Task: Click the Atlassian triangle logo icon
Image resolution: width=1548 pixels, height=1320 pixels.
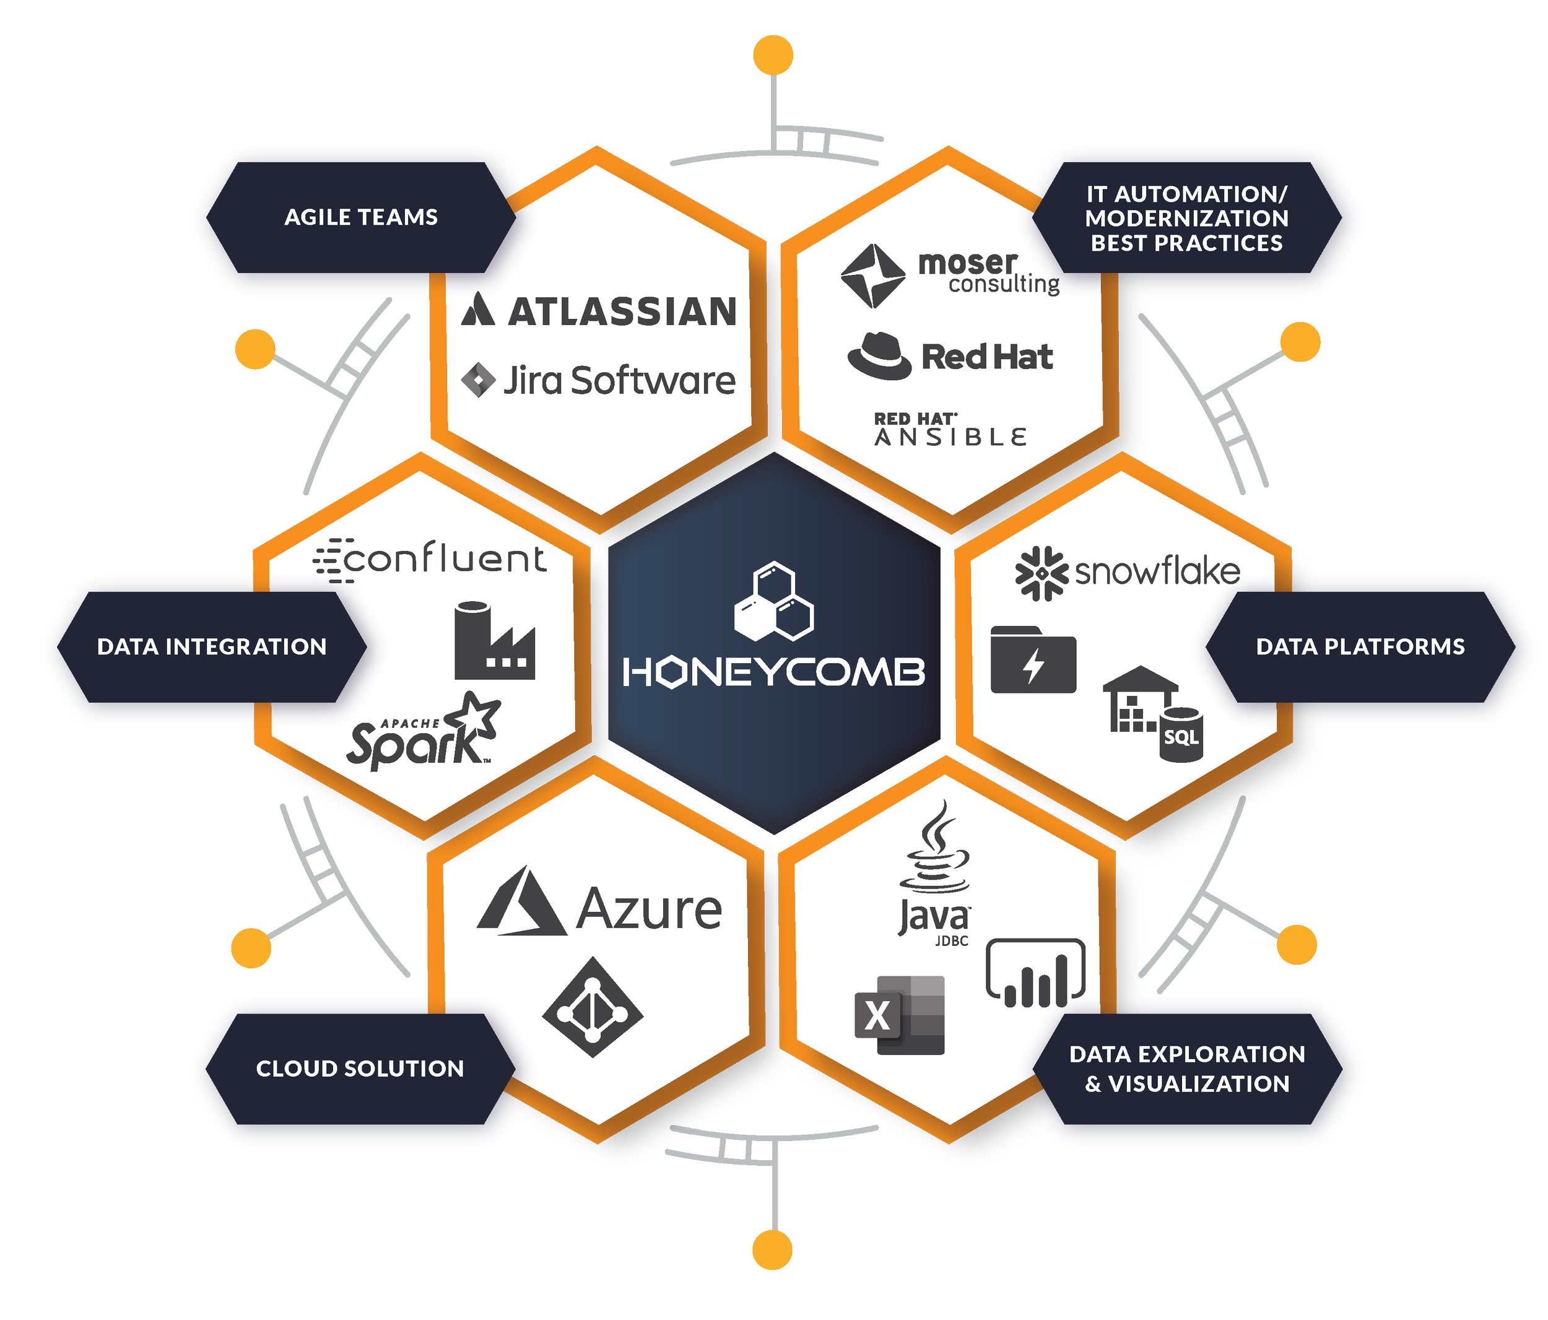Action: pos(478,310)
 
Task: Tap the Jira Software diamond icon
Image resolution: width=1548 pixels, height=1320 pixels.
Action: pos(478,380)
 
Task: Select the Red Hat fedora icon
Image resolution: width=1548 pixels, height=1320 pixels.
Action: pos(879,357)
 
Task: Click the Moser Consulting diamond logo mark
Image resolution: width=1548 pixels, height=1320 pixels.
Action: pos(872,276)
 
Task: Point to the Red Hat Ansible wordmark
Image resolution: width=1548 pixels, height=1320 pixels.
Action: pos(950,430)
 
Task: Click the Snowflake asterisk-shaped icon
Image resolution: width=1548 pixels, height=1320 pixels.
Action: pos(1041,573)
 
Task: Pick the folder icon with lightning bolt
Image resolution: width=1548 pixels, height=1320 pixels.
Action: pos(1033,661)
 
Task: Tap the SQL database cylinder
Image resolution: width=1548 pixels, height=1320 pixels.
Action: pos(1181,735)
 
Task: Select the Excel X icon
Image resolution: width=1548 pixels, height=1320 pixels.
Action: pos(900,1015)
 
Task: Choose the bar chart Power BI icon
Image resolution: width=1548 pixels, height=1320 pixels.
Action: pos(1035,973)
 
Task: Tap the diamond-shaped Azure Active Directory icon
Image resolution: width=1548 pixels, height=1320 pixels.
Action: pos(593,1007)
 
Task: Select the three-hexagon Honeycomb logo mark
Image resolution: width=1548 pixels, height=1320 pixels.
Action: pos(774,602)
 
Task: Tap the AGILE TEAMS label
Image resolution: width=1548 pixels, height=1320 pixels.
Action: pos(361,217)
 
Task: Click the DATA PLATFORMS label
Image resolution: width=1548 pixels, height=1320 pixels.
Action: pos(1360,647)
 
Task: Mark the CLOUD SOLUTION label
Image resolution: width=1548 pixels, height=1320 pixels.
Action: pos(360,1068)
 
